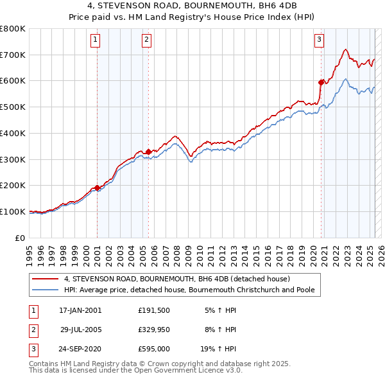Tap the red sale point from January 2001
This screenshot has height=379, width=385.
[98, 188]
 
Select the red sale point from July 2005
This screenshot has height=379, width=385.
[148, 152]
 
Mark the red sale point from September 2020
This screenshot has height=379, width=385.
[321, 82]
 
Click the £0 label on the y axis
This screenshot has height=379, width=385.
[21, 238]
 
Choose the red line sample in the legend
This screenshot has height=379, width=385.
[45, 279]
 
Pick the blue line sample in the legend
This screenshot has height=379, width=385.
[45, 290]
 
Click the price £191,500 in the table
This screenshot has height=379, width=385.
[153, 310]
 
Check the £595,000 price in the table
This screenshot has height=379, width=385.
[153, 350]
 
